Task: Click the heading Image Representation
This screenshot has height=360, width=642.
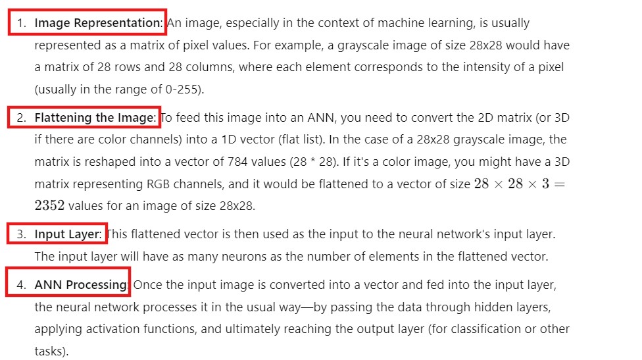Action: coord(97,23)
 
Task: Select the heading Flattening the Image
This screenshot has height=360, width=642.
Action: coord(95,118)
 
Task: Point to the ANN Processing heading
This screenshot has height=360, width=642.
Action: coord(80,285)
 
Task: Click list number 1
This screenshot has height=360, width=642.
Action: coord(21,23)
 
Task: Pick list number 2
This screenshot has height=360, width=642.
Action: coord(21,118)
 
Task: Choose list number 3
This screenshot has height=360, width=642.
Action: coord(21,234)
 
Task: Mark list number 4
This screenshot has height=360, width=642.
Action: coord(21,285)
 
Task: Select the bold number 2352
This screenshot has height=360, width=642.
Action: coord(49,206)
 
